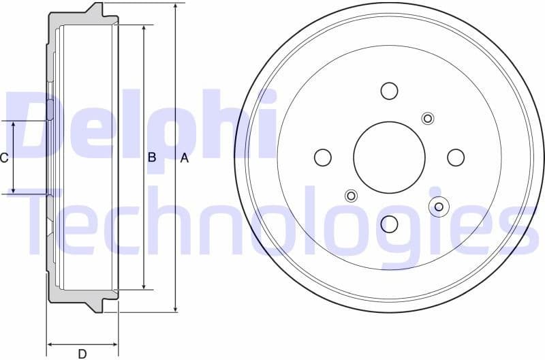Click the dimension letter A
coord(184,158)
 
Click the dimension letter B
coord(152,157)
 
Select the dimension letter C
coord(4,158)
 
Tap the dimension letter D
coord(82,353)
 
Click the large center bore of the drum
coord(389,157)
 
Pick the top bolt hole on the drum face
coord(389,91)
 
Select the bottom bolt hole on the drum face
coord(389,224)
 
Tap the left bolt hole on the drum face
coord(322,157)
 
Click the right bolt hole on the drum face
coord(456,157)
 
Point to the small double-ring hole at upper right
coord(428,119)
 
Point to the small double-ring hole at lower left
coord(351,196)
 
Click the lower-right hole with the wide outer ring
coord(439,207)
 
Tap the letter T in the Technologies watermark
coord(48,222)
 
